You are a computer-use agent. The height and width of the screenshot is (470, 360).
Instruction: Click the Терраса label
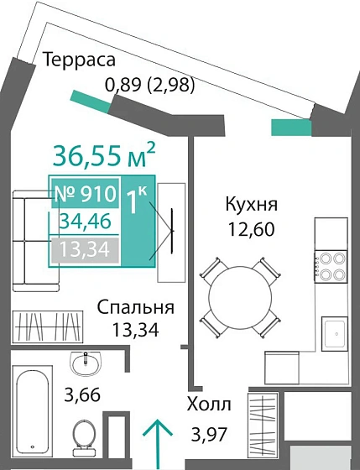[78, 60]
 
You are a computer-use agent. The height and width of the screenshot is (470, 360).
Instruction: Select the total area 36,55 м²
[103, 155]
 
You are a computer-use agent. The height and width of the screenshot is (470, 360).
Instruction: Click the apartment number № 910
[84, 195]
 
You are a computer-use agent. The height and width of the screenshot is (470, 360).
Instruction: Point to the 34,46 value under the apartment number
[86, 222]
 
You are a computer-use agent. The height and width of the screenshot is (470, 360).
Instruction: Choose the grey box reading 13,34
[85, 248]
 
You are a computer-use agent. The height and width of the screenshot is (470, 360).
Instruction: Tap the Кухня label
[250, 204]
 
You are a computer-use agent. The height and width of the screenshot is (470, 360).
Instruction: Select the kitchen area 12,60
[250, 227]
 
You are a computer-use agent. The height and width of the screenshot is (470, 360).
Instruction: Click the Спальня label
[134, 305]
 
